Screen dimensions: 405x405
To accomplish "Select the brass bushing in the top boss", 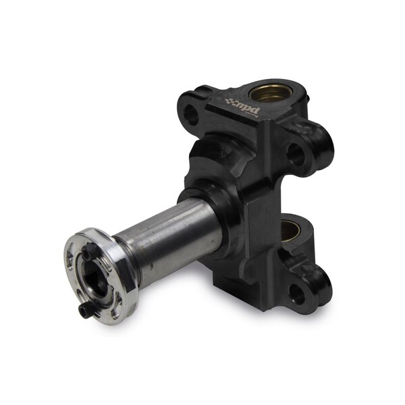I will (x=271, y=94).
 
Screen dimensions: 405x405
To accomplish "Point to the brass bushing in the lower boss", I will (x=292, y=227).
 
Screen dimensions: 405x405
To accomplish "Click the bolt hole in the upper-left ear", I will (x=192, y=115).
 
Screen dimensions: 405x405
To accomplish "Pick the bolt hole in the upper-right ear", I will (x=296, y=154).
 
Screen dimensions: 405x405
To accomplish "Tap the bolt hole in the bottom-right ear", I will (x=295, y=292).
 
